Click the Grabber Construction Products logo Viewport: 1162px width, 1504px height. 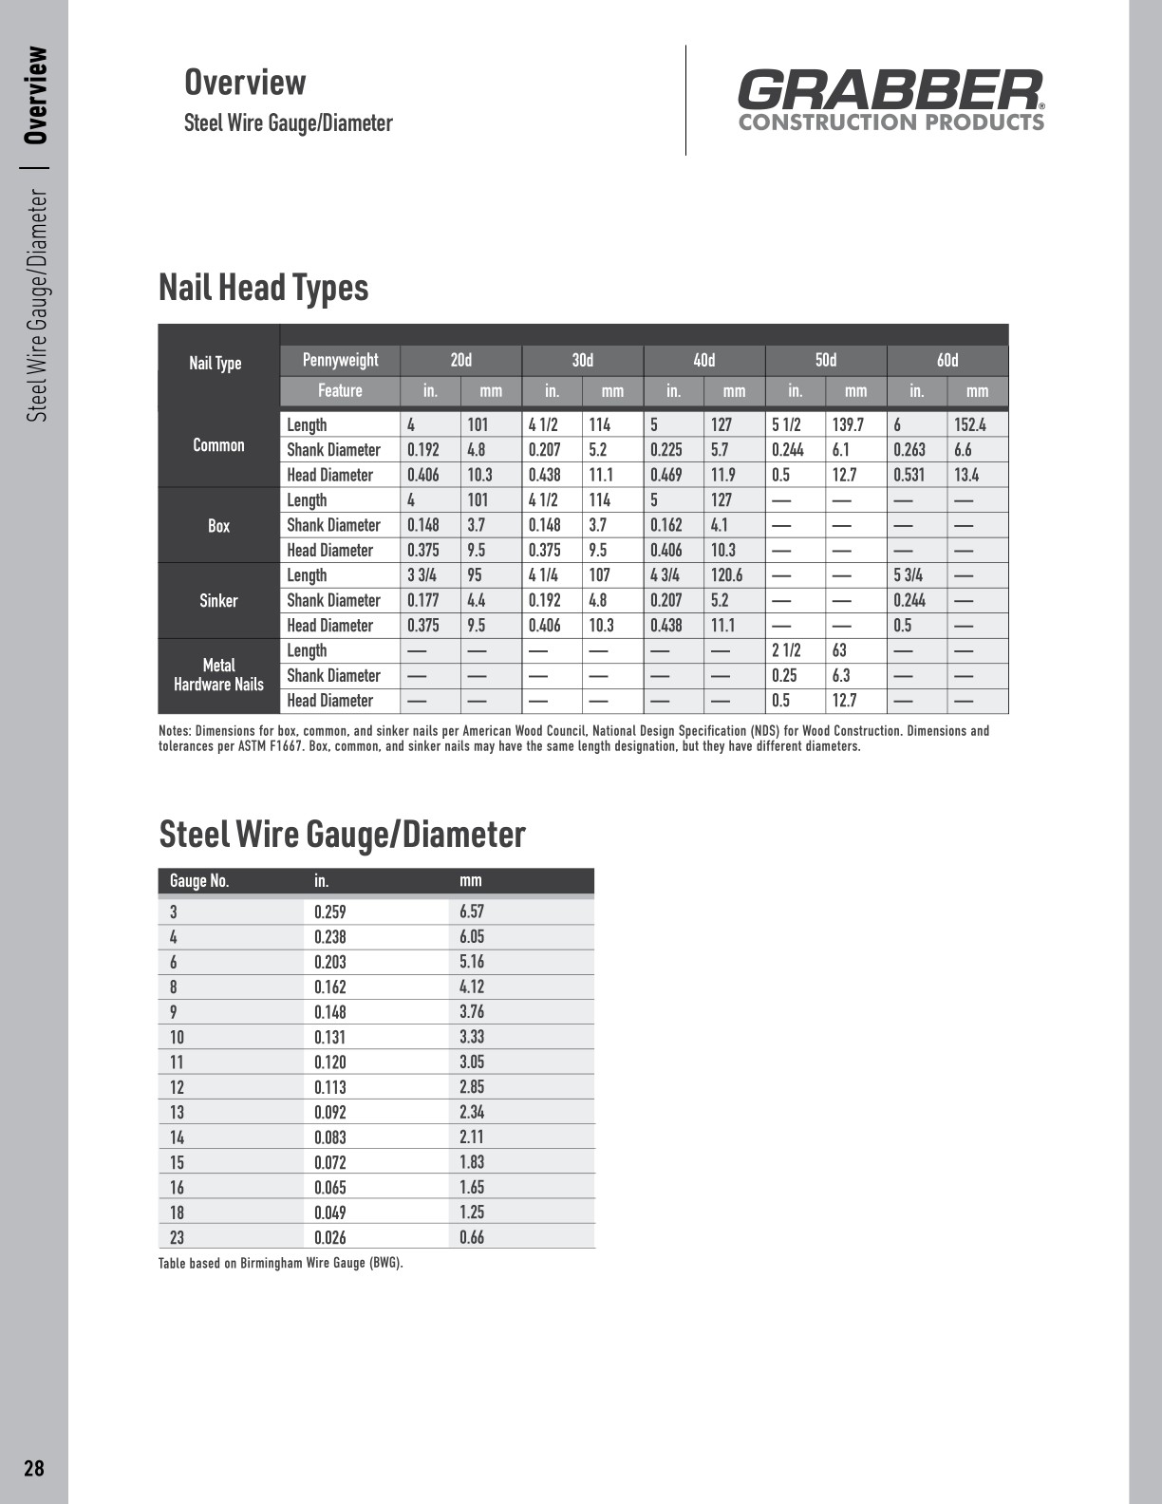(x=890, y=100)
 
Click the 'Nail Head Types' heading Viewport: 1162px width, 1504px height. (x=263, y=287)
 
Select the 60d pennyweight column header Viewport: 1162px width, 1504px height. (x=947, y=360)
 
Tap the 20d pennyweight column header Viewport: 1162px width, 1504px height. (x=460, y=360)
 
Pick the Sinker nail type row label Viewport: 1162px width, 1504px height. (x=218, y=600)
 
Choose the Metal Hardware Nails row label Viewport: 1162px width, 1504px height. (x=218, y=675)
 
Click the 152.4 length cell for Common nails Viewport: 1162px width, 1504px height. (x=970, y=424)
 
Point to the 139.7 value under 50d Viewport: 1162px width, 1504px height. (x=848, y=424)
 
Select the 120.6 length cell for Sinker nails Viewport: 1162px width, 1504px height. (x=727, y=575)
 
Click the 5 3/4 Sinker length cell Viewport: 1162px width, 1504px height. (x=908, y=575)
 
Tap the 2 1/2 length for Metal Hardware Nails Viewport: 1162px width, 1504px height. (x=786, y=650)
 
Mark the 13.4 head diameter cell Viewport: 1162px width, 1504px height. (x=966, y=475)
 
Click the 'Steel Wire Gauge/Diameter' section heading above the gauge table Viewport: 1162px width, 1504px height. (x=342, y=834)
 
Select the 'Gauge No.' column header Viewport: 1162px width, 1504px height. (x=199, y=881)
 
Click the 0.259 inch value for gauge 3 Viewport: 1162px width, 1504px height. (x=330, y=912)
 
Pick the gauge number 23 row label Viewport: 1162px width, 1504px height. (x=177, y=1237)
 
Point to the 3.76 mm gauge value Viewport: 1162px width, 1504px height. (x=472, y=1011)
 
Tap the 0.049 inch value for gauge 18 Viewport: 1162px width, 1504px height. (x=330, y=1213)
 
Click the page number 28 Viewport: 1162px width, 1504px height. (x=34, y=1469)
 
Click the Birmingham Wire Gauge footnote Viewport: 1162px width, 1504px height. (x=281, y=1264)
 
